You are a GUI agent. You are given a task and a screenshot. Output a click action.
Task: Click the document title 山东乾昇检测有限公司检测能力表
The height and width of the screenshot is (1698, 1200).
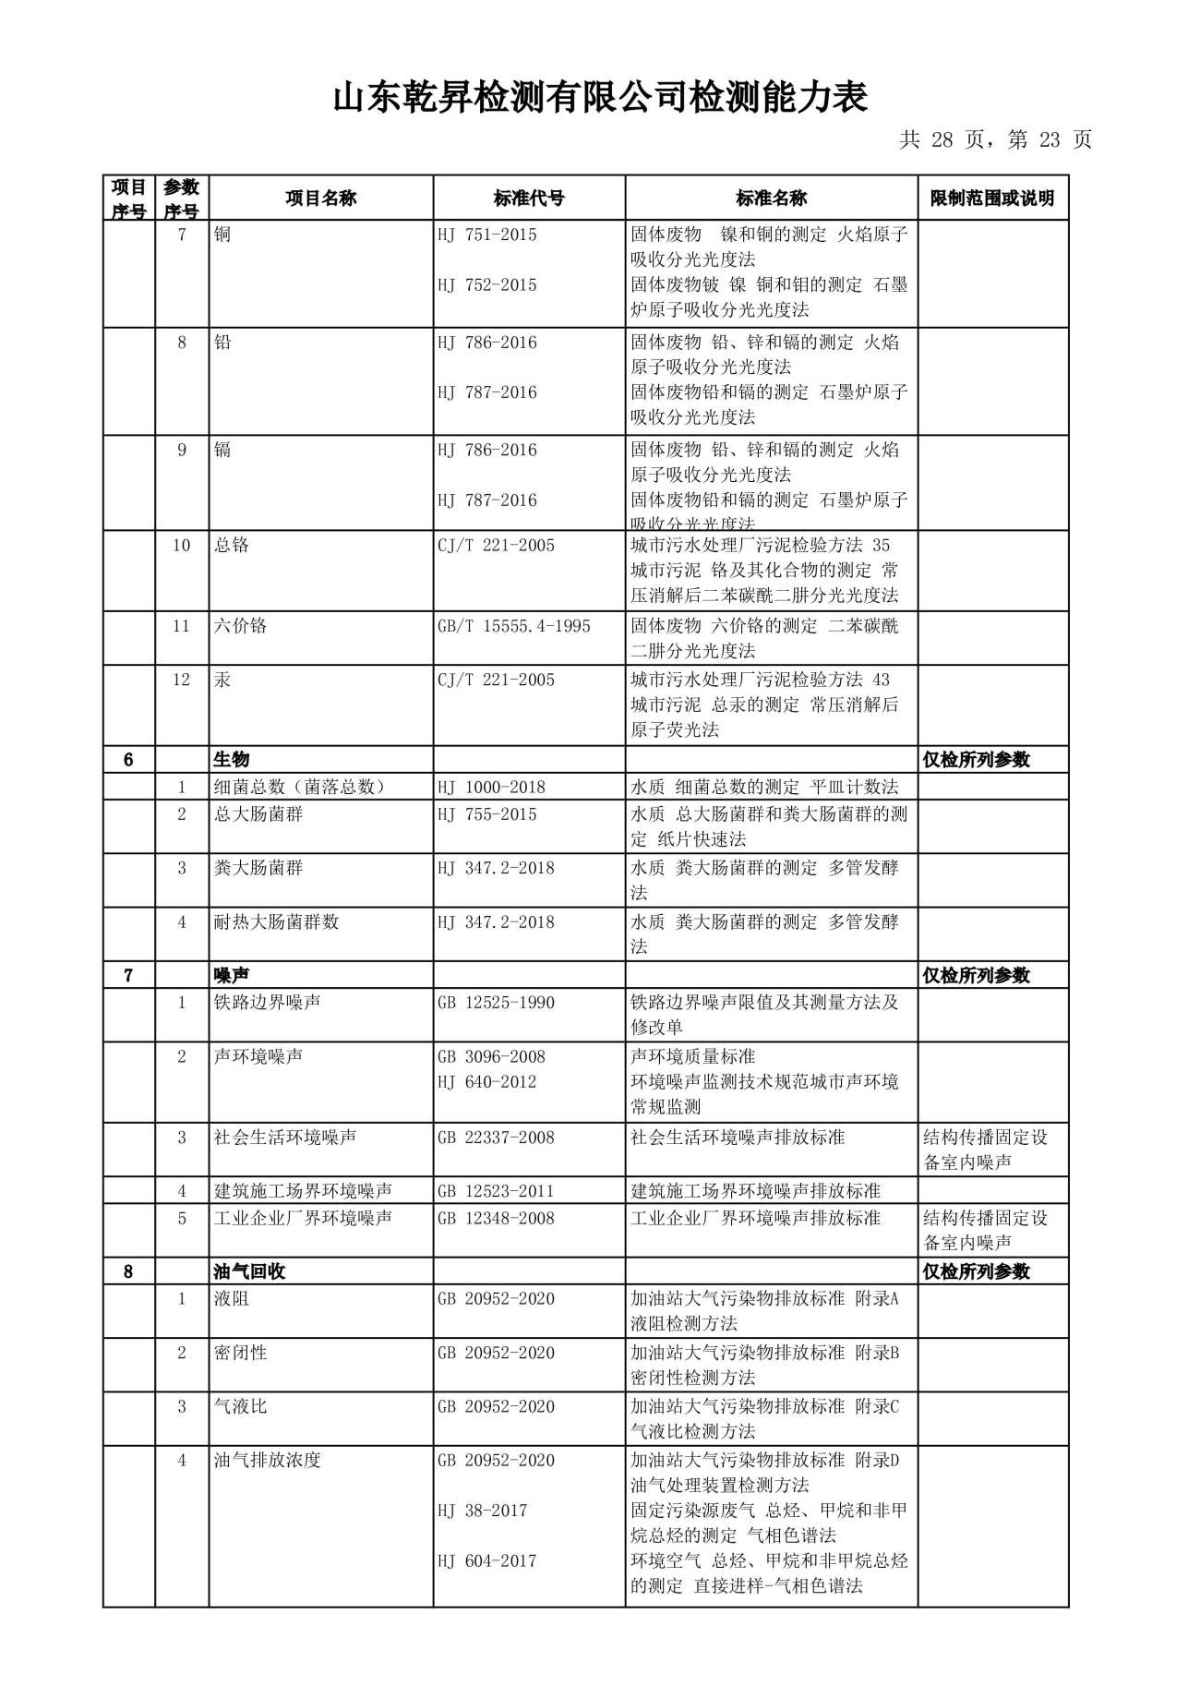[600, 98]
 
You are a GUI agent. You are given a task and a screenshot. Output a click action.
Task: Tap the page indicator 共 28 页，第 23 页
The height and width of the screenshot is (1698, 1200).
[995, 140]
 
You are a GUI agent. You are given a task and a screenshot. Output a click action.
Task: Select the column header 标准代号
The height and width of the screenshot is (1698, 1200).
[529, 199]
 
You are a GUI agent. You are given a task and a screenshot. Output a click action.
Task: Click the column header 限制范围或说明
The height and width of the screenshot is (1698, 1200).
[992, 199]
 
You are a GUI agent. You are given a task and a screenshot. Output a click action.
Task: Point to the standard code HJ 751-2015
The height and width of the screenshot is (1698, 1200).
[487, 235]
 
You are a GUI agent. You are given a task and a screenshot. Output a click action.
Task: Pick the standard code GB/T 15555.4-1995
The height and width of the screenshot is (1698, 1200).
[514, 627]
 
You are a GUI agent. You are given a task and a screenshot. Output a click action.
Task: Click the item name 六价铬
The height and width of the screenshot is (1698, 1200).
[240, 627]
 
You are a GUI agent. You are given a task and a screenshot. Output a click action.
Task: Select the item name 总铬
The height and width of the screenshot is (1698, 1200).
[232, 546]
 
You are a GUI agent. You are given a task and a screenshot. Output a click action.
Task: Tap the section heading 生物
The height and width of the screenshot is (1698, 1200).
[232, 760]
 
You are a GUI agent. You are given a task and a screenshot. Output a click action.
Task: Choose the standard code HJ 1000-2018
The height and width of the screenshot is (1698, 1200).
[491, 788]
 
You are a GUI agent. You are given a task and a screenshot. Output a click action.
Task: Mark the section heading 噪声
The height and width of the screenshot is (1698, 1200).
[232, 976]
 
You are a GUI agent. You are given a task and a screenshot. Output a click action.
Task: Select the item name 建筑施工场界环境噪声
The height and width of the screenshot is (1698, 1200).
[303, 1192]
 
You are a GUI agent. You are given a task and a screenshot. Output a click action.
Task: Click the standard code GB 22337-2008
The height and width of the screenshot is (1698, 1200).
[496, 1138]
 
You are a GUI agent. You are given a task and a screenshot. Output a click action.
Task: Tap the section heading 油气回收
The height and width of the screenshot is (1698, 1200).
[249, 1272]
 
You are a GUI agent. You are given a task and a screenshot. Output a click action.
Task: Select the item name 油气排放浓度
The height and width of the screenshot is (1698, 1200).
[267, 1461]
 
